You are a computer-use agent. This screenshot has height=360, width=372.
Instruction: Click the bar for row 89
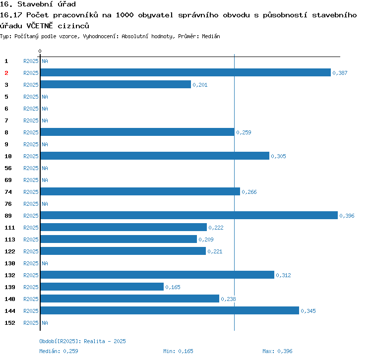(x=189, y=215)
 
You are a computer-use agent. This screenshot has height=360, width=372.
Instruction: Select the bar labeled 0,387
(x=186, y=72)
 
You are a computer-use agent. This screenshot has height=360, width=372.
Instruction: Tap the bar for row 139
(x=102, y=287)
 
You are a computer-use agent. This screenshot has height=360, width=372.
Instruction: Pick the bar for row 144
(x=170, y=310)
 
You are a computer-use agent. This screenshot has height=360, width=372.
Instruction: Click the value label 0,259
(x=244, y=132)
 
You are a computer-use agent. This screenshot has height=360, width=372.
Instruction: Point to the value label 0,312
(x=284, y=275)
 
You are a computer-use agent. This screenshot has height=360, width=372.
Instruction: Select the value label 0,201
(x=200, y=85)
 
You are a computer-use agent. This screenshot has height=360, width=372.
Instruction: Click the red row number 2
(x=6, y=73)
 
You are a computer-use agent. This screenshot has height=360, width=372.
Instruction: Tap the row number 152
(x=9, y=323)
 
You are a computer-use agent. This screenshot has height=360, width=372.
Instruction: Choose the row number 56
(x=8, y=168)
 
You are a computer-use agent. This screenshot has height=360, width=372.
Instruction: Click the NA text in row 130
(x=45, y=263)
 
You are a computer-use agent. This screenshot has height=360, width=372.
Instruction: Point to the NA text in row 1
(x=45, y=61)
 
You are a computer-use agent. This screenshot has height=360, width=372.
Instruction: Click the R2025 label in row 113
(x=31, y=240)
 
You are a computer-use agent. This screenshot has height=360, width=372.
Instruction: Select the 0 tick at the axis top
(x=40, y=52)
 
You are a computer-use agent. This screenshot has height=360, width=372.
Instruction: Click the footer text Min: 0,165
(x=178, y=351)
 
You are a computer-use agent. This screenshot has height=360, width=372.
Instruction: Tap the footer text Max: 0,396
(x=277, y=351)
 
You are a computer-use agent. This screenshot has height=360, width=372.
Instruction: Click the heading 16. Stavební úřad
(x=38, y=4)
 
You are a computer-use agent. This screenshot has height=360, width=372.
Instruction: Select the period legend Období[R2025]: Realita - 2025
(x=82, y=341)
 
